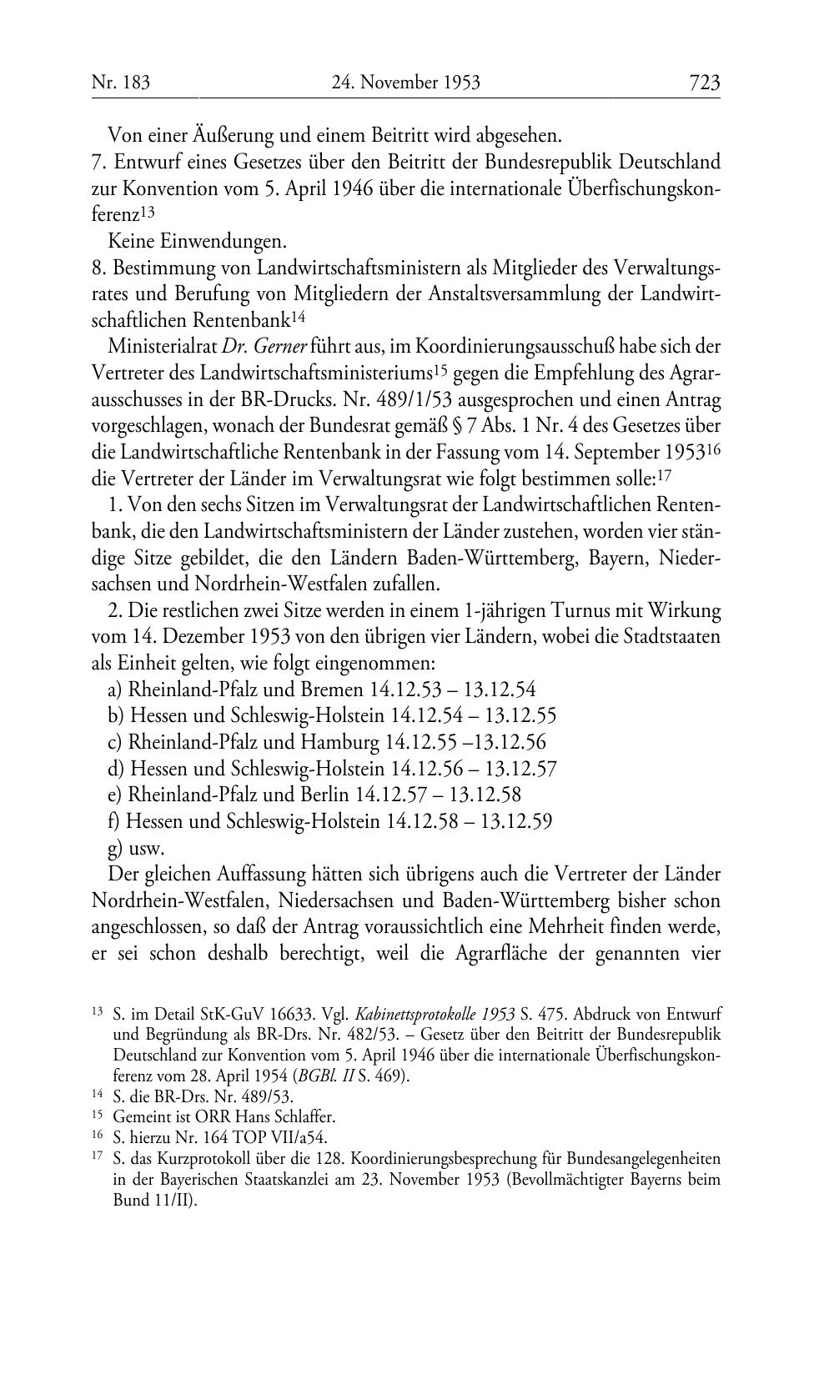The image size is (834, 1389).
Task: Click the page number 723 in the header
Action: (x=704, y=83)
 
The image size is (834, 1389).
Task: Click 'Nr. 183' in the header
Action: (x=121, y=83)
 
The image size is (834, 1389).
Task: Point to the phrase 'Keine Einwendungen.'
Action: (x=197, y=242)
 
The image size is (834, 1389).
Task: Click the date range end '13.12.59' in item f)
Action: (x=517, y=821)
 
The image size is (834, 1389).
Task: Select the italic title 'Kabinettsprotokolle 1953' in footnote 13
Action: (x=434, y=1015)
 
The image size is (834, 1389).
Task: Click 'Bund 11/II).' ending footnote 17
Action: (x=153, y=1201)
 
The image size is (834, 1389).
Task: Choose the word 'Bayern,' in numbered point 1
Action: (x=613, y=557)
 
